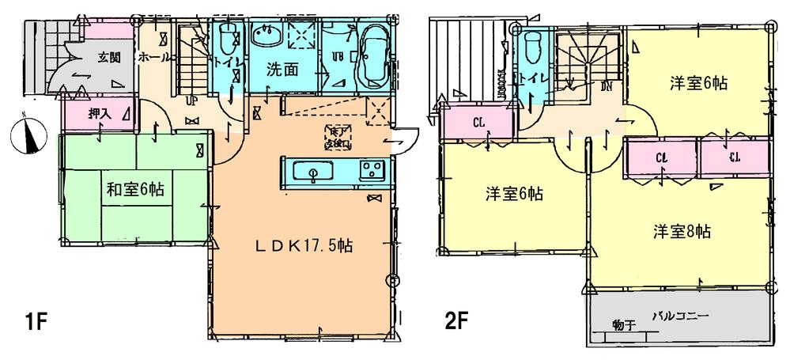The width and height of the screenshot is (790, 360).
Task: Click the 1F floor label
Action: pyautogui.click(x=36, y=323)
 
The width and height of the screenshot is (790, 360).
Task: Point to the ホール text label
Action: pyautogui.click(x=154, y=58)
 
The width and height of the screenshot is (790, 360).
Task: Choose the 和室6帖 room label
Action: pyautogui.click(x=137, y=189)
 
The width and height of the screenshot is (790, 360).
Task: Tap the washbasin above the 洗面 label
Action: pyautogui.click(x=266, y=37)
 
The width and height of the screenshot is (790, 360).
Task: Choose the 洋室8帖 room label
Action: pyautogui.click(x=681, y=232)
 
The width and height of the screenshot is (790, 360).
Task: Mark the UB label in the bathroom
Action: pyautogui.click(x=337, y=55)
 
